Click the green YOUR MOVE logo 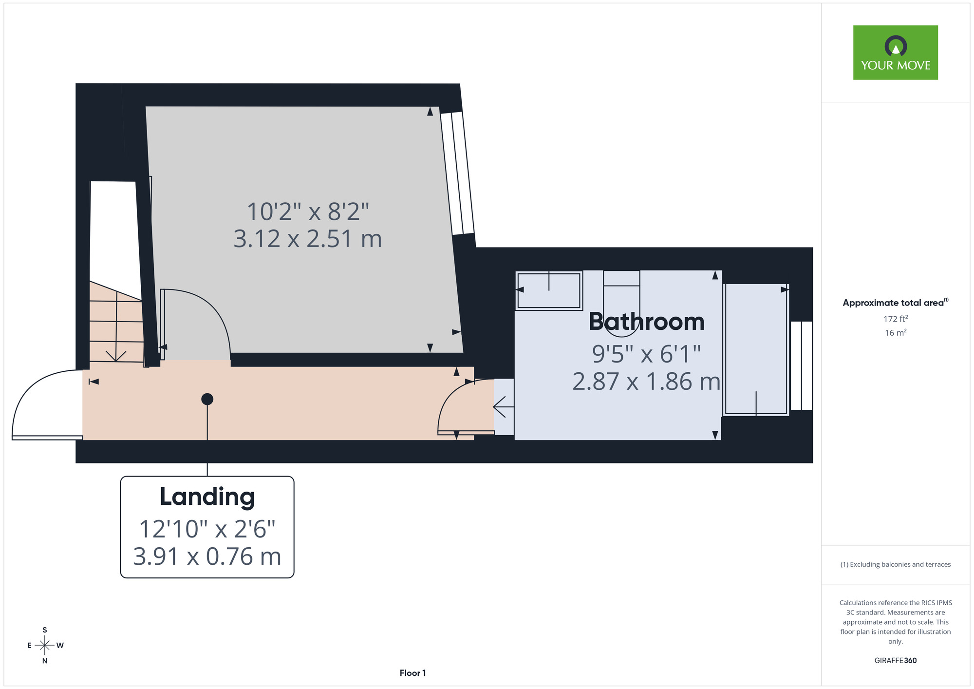(x=895, y=53)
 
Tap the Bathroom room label (x=647, y=322)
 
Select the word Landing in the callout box (x=207, y=497)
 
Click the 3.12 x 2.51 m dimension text (x=308, y=239)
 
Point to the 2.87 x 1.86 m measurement (x=646, y=382)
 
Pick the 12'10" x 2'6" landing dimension (x=207, y=529)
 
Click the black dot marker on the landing (x=207, y=399)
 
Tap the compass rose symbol (x=45, y=646)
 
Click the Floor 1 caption (x=412, y=673)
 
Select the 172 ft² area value (x=896, y=319)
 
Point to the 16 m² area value (x=896, y=333)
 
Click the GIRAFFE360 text (x=896, y=661)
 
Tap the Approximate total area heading (x=896, y=303)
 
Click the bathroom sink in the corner (x=549, y=290)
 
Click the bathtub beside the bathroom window (x=756, y=349)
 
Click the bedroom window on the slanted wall (x=457, y=173)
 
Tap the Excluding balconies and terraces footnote (x=896, y=564)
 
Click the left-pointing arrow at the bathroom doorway (x=504, y=406)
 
